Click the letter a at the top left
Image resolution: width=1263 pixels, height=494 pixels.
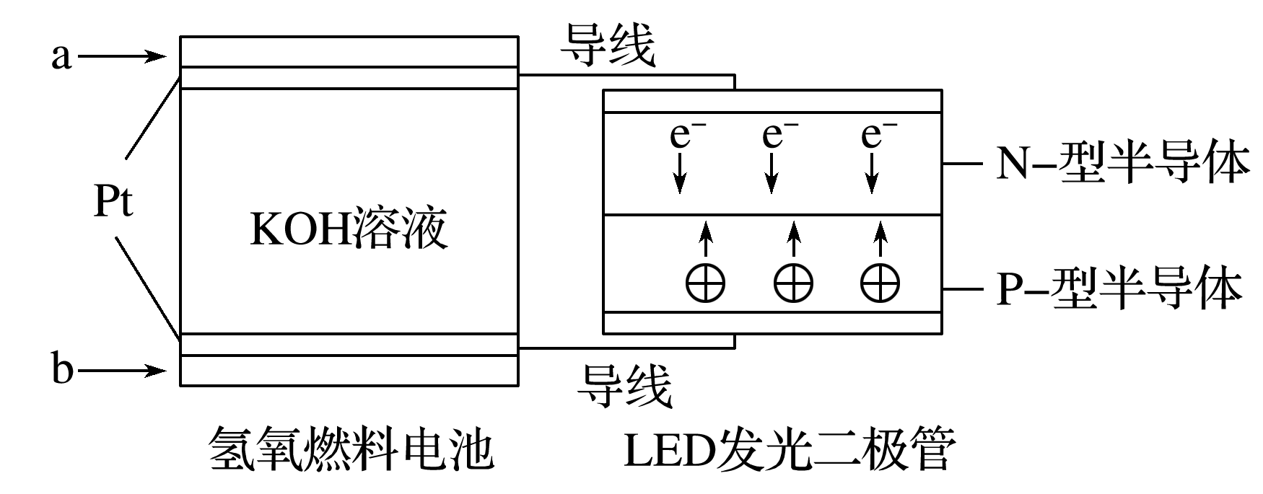[61, 56]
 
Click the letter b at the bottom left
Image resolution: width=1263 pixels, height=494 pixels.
[63, 371]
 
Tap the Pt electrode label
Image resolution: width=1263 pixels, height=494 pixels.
[113, 202]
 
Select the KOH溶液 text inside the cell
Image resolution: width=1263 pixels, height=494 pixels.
[349, 229]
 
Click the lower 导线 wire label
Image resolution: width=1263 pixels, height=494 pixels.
[624, 385]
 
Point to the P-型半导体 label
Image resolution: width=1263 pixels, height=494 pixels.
[1119, 290]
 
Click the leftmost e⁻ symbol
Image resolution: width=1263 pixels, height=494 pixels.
[682, 136]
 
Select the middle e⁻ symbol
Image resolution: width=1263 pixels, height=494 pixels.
[776, 136]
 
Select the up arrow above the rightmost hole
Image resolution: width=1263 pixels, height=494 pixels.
[879, 239]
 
